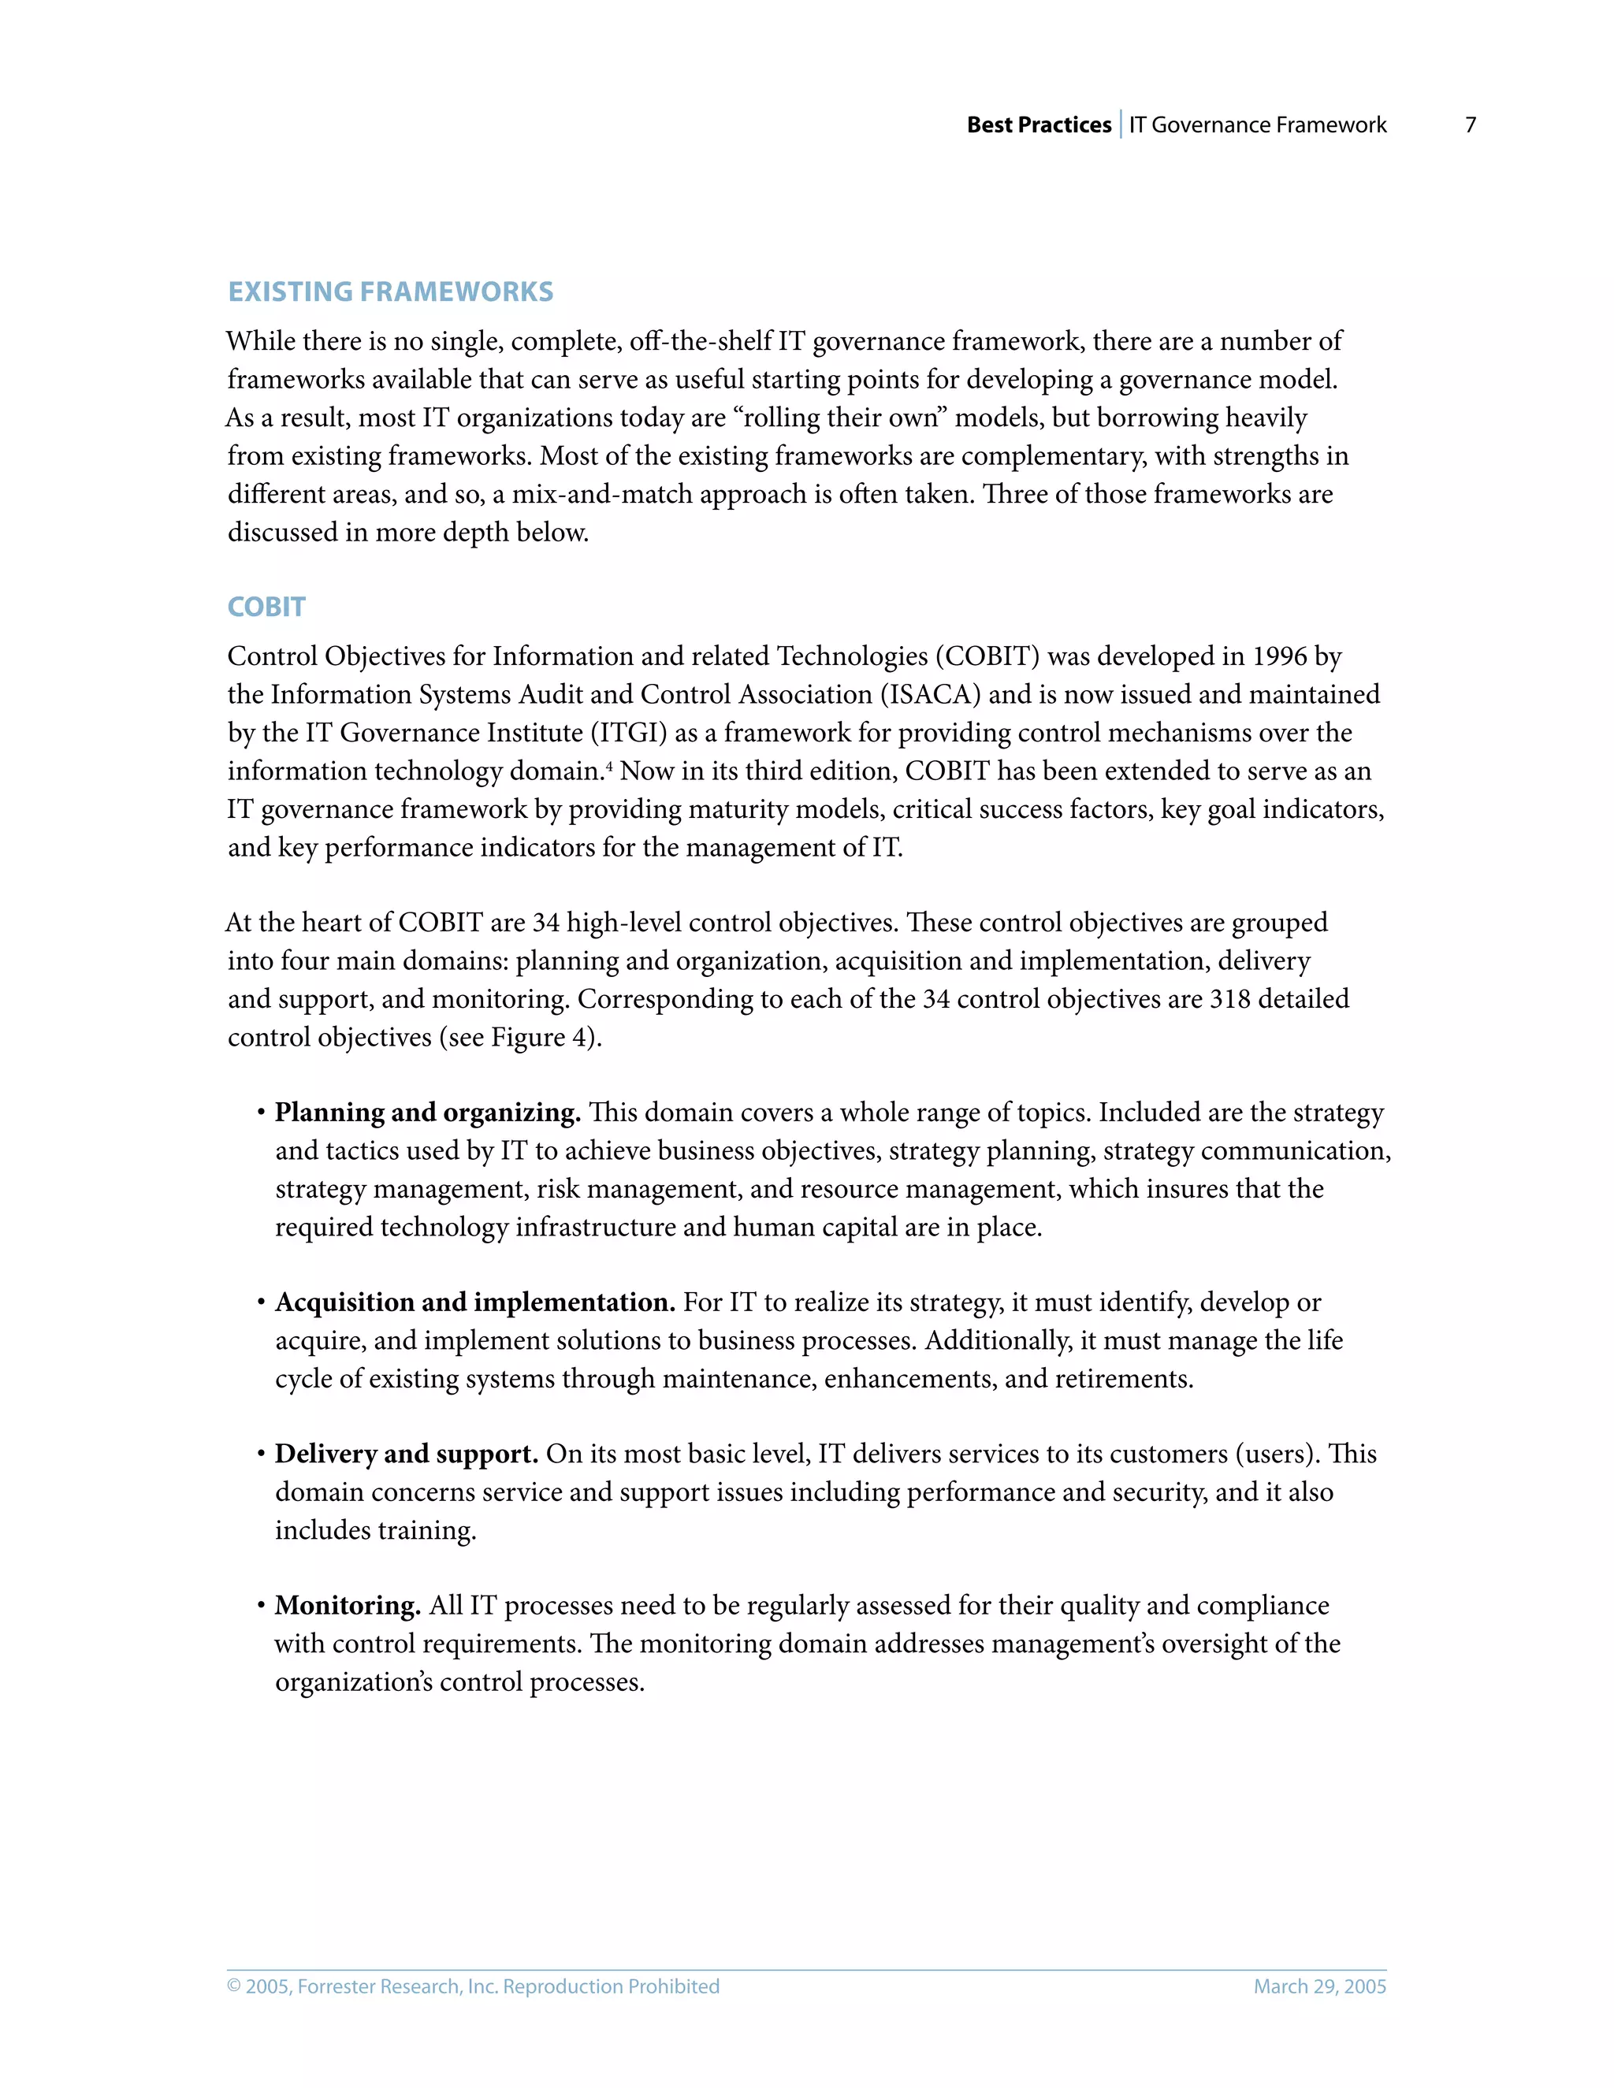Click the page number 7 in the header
tap(1471, 125)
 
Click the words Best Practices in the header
tap(1039, 125)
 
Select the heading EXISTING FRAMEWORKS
tap(390, 292)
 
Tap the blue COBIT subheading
tap(266, 607)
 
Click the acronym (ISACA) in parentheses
tap(931, 695)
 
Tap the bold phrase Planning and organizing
tap(427, 1113)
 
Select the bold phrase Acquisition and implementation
tap(475, 1302)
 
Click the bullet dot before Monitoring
tap(260, 1606)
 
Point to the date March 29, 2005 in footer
tap(1319, 1986)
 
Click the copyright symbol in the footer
tap(234, 1986)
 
